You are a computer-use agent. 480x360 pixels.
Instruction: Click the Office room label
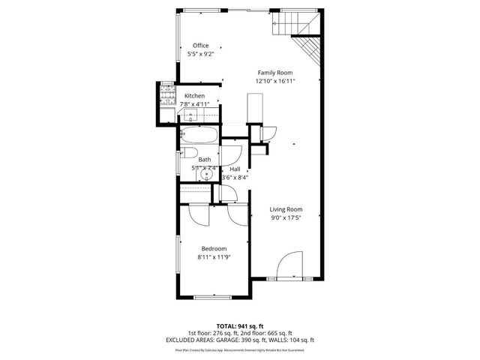click(200, 46)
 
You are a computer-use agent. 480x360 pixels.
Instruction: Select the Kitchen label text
click(194, 96)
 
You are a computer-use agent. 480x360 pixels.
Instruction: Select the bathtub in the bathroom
click(199, 135)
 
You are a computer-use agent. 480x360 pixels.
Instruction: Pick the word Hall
click(235, 169)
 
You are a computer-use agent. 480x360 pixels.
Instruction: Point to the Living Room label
click(286, 209)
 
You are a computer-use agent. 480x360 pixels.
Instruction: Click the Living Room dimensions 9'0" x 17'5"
click(286, 218)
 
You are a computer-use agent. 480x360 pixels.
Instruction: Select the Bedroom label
click(213, 248)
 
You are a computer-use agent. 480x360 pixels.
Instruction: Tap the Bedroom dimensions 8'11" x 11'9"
click(213, 257)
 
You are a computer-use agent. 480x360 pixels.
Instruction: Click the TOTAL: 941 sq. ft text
click(240, 325)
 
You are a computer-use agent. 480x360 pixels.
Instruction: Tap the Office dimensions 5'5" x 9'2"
click(200, 54)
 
